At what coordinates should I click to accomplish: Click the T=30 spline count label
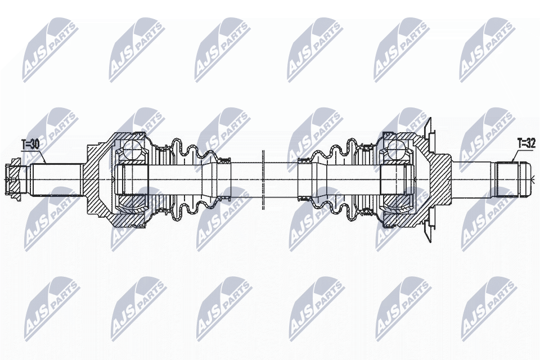click(30, 145)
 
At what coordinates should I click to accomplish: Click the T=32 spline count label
click(526, 144)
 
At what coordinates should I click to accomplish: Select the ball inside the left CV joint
click(131, 151)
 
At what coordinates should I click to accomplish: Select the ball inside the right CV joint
click(398, 150)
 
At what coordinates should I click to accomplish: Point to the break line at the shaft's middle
click(263, 180)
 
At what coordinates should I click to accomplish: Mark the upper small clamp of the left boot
click(224, 158)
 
